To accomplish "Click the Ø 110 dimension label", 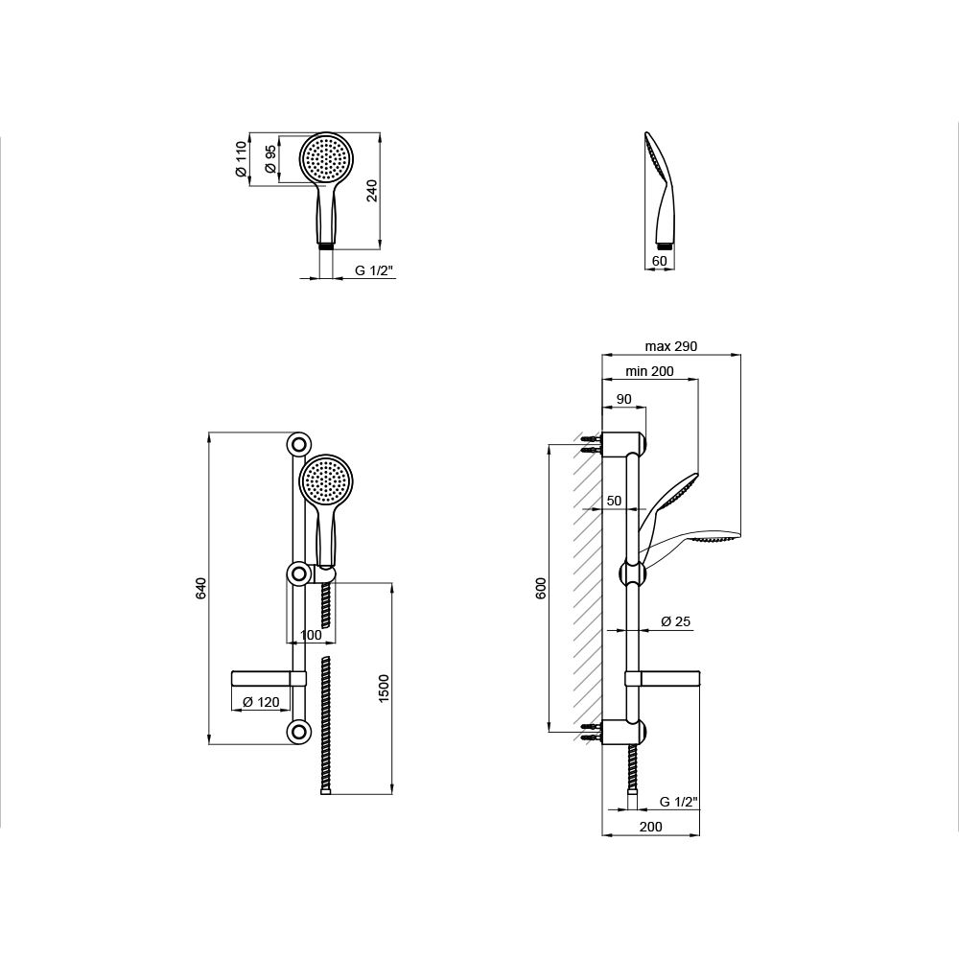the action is click(x=241, y=159).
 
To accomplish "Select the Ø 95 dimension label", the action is click(x=270, y=159).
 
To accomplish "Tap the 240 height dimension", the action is click(x=372, y=190).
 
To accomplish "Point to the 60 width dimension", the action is click(x=660, y=261).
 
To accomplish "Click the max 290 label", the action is click(x=671, y=346).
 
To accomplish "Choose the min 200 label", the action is click(x=649, y=371).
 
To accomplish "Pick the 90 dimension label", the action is click(x=623, y=399).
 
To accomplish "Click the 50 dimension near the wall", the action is click(x=614, y=501).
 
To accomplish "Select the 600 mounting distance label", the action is click(x=541, y=588).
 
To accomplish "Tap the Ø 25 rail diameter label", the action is click(x=676, y=622).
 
